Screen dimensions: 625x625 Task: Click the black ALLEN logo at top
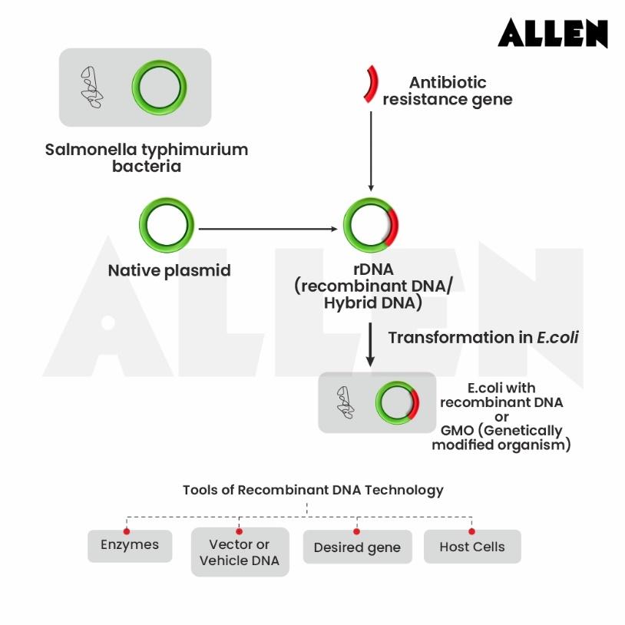552,33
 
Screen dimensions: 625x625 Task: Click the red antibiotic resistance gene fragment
372,84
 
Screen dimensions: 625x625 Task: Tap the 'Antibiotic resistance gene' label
448,91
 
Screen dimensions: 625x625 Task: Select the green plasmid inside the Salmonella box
159,87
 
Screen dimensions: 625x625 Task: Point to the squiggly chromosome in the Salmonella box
91,87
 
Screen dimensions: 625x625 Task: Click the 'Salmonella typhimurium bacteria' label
146,157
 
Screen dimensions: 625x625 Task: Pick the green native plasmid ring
166,229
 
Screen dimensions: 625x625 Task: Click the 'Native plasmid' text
169,270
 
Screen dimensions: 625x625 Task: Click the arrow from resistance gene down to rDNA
372,150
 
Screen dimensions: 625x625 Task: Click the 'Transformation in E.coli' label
483,338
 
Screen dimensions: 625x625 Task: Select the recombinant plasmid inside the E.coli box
398,403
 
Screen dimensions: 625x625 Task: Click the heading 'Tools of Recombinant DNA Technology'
312,490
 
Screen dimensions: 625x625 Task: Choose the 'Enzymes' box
130,546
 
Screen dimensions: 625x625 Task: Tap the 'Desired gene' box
357,548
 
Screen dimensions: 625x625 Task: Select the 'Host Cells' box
471,547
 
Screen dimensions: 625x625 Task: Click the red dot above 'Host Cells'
471,531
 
